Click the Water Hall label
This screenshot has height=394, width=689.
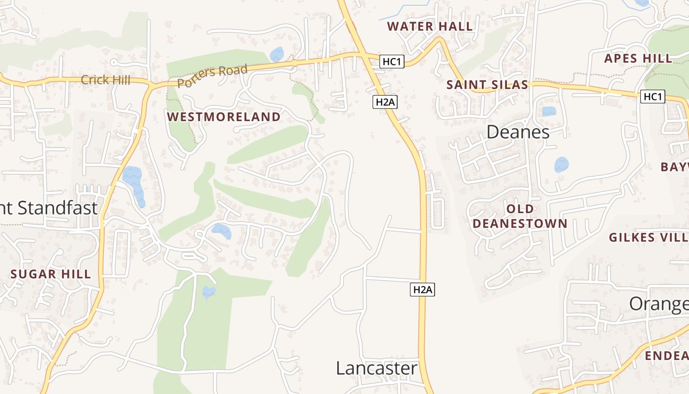click(430, 27)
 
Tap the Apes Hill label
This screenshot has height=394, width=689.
click(638, 59)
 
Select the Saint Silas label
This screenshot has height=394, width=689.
click(487, 85)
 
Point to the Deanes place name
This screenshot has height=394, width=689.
click(518, 132)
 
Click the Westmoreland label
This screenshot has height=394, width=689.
click(223, 117)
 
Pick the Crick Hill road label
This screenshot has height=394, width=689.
click(105, 80)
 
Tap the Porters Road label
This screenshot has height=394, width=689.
click(212, 76)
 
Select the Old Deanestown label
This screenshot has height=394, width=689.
click(520, 216)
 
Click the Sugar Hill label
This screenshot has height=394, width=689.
click(51, 274)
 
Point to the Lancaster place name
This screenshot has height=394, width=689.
click(376, 368)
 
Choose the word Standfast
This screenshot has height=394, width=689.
click(58, 208)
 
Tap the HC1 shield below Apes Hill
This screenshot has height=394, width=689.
click(653, 97)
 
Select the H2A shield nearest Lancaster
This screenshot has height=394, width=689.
click(422, 290)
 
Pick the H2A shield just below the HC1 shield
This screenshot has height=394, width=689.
click(385, 102)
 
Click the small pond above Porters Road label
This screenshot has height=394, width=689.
click(277, 54)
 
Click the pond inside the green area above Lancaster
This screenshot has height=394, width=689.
click(209, 292)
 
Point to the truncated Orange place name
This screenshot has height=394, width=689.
click(658, 304)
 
